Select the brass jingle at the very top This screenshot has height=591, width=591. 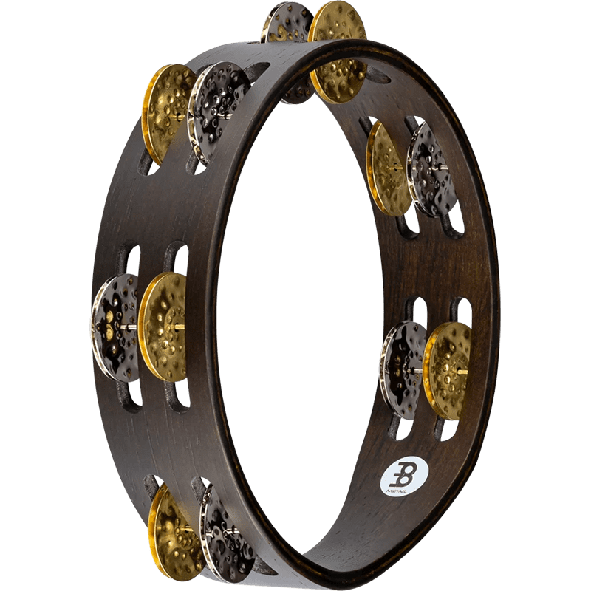[337, 52]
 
